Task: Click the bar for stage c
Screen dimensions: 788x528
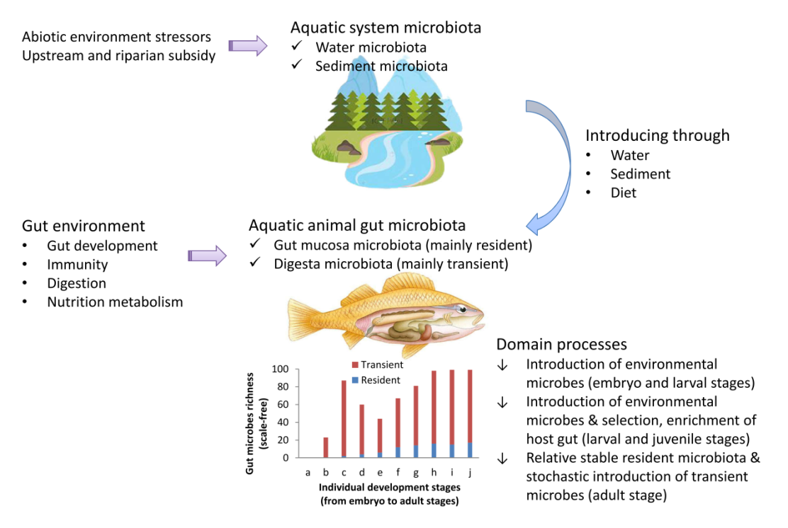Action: tap(344, 419)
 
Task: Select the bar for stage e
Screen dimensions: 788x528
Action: tap(380, 438)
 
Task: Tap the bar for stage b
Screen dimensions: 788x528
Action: tap(326, 448)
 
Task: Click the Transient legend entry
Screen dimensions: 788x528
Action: tap(378, 365)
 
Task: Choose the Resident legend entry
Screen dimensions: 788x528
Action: tap(376, 381)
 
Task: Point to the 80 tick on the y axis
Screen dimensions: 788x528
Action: tap(283, 386)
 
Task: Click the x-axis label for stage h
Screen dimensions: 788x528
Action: tap(434, 472)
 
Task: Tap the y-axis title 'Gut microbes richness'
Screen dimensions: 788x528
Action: tap(249, 423)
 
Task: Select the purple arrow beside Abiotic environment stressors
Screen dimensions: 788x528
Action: tap(248, 46)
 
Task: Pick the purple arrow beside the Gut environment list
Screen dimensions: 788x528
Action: tap(207, 256)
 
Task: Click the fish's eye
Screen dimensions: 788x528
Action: tap(462, 310)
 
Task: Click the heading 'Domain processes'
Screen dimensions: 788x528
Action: tap(561, 344)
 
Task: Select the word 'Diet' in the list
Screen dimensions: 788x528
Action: tap(623, 193)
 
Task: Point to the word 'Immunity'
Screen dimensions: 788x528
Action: tap(77, 265)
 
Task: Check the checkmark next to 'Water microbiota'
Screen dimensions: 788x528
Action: tap(296, 46)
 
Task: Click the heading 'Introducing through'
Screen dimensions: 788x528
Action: tap(658, 135)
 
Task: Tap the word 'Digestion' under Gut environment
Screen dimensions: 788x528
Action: tap(77, 284)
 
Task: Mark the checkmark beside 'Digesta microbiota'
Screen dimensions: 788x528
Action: tap(255, 263)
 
